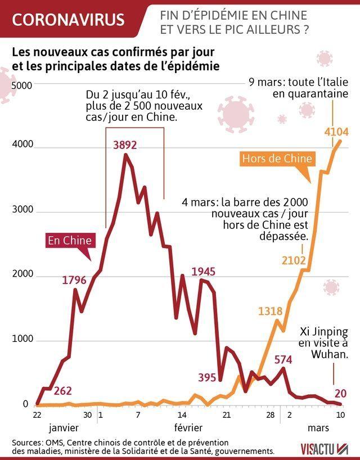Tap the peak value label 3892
125,145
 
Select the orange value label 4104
337,133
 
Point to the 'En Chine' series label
70,241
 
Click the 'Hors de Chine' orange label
277,159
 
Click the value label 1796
74,280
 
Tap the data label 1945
204,272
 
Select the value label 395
207,377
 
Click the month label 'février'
188,428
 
